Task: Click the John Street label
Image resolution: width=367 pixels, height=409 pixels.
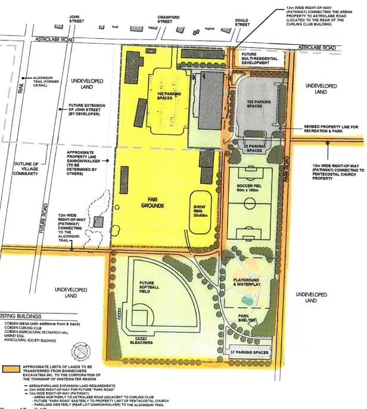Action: click(x=76, y=20)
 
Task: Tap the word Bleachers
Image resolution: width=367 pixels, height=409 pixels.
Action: click(x=142, y=343)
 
